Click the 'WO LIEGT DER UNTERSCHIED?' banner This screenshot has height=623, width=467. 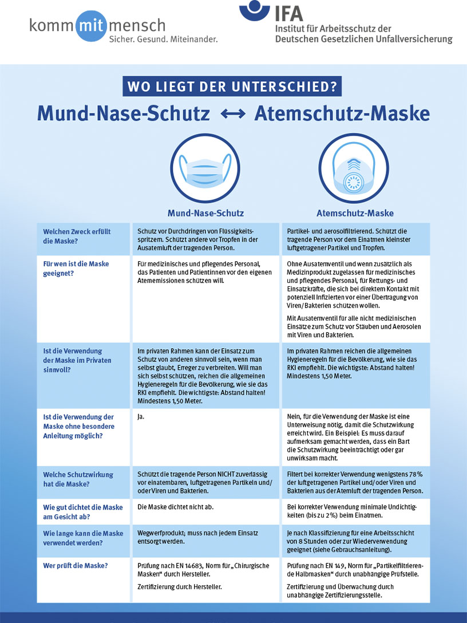[232, 87]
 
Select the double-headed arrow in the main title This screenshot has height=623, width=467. [233, 114]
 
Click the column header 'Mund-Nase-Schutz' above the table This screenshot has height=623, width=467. [205, 213]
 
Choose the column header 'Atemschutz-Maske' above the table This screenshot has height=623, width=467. [355, 213]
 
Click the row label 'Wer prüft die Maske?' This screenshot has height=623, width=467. [77, 566]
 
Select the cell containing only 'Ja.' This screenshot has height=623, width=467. [141, 416]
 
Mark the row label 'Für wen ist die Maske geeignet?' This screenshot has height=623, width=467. [76, 268]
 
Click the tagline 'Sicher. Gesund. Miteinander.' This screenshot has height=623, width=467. [164, 38]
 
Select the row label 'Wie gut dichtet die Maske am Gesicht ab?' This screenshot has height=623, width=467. [83, 512]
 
